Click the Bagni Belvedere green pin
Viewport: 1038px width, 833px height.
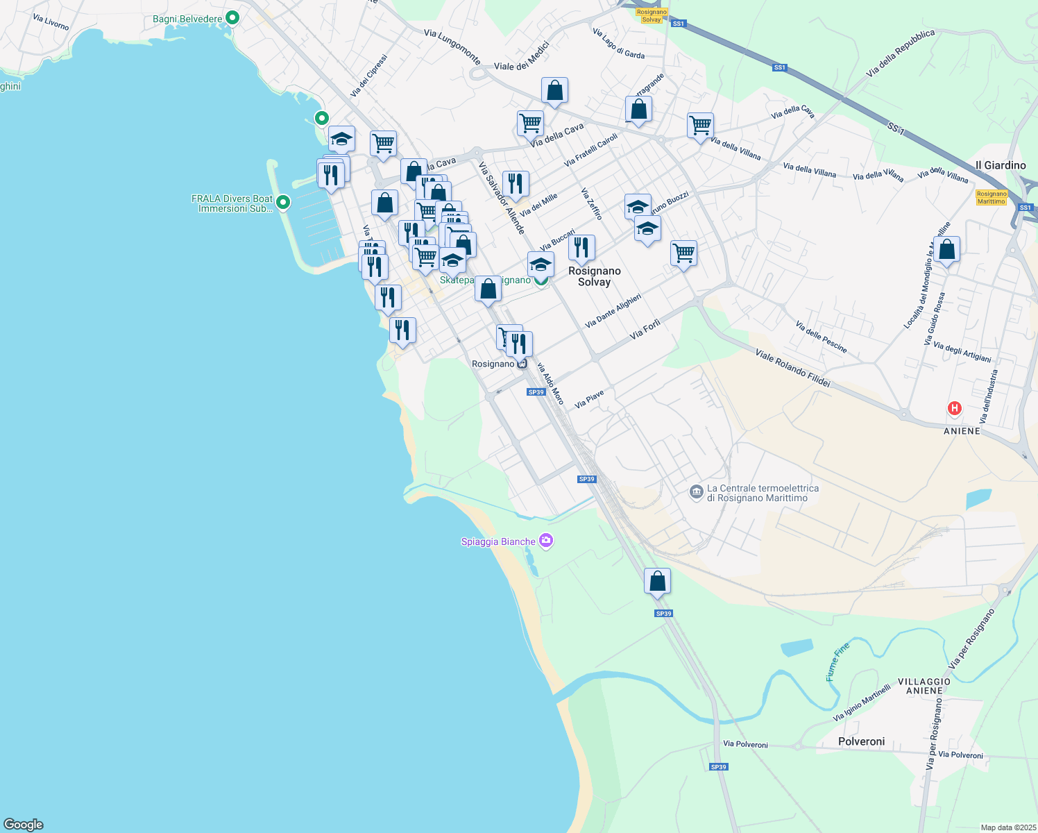click(x=232, y=18)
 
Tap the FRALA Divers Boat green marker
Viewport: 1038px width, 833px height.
click(x=282, y=203)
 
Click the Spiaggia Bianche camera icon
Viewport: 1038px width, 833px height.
click(x=546, y=541)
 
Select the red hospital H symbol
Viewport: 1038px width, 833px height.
click(x=954, y=409)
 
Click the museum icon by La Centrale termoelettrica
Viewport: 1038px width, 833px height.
click(x=696, y=492)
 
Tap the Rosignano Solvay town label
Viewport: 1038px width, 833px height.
click(x=594, y=276)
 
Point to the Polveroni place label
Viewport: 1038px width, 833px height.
click(x=861, y=741)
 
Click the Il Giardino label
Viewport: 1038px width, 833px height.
click(x=1000, y=165)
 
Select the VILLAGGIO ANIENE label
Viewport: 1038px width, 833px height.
click(x=924, y=686)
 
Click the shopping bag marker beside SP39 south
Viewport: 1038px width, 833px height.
click(x=657, y=582)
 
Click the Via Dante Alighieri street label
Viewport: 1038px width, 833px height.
click(x=613, y=310)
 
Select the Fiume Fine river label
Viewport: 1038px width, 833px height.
click(x=837, y=662)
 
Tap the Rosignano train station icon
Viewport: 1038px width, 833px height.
click(x=522, y=364)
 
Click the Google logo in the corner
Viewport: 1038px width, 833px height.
click(x=24, y=824)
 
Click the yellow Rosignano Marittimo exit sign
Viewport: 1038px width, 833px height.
click(x=991, y=197)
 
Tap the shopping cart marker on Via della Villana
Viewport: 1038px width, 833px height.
click(x=700, y=126)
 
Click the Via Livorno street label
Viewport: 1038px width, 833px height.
click(x=51, y=22)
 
